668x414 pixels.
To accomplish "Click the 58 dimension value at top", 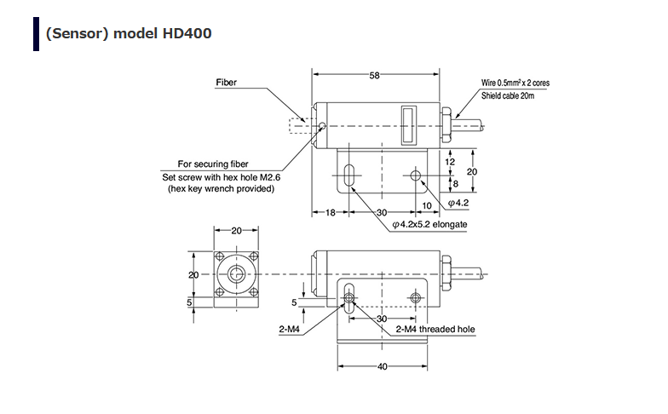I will pyautogui.click(x=374, y=76).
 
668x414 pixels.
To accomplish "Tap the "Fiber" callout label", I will pyautogui.click(x=226, y=83).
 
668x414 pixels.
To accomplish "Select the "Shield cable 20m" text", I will pyautogui.click(x=507, y=95).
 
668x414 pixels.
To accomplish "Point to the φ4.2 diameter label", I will pyautogui.click(x=458, y=202).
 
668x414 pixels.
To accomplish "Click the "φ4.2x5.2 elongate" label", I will pyautogui.click(x=430, y=224).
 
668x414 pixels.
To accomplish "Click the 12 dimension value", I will pyautogui.click(x=451, y=161).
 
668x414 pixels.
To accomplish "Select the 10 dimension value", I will pyautogui.click(x=426, y=205).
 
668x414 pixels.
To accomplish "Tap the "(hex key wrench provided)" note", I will pyautogui.click(x=221, y=188).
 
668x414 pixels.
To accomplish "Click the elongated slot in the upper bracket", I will pyautogui.click(x=350, y=176).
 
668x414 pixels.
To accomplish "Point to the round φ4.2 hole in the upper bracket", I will pyautogui.click(x=416, y=176).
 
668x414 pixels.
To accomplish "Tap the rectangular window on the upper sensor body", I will pyautogui.click(x=407, y=124).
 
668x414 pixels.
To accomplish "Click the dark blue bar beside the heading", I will pyautogui.click(x=36, y=33).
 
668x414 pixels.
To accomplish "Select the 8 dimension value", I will pyautogui.click(x=455, y=182).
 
